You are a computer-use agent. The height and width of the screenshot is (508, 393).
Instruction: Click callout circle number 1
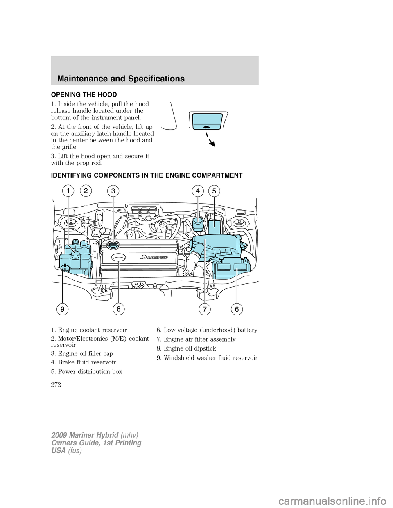(x=68, y=191)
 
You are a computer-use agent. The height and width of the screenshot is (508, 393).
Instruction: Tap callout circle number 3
(x=113, y=191)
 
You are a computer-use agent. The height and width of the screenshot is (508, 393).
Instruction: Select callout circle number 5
(x=214, y=191)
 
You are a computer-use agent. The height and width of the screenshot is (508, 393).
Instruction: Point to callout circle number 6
(x=237, y=309)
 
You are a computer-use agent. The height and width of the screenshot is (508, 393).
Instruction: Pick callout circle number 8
(x=118, y=309)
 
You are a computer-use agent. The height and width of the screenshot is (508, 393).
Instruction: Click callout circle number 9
(x=62, y=309)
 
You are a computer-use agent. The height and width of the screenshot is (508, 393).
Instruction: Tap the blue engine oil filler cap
(x=113, y=245)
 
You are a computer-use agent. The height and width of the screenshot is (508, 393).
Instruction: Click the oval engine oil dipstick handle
(x=118, y=257)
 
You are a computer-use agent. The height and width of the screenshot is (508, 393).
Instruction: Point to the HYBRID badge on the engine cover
(x=154, y=257)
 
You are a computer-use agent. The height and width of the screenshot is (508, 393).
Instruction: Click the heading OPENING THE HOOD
(x=84, y=94)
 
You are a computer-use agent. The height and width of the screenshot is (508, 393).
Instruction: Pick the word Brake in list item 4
(x=66, y=362)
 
